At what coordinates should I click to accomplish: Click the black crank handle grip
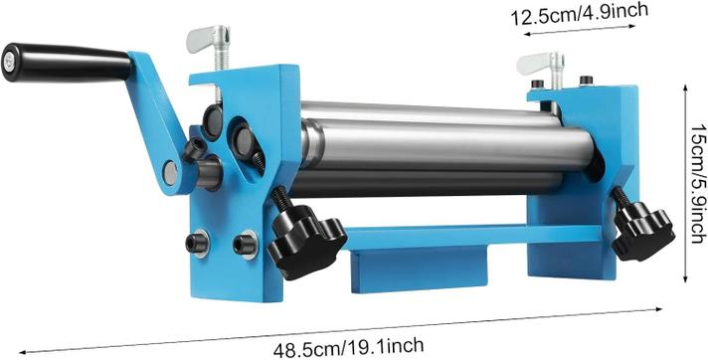tap(67, 63)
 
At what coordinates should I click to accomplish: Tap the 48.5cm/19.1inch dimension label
tap(348, 347)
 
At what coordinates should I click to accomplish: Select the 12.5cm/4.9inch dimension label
tap(580, 13)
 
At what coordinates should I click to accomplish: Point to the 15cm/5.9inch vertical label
tap(698, 184)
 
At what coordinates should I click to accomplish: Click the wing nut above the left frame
tap(210, 40)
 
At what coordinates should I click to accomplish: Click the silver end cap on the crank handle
tap(8, 63)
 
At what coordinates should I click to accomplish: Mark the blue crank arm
tap(157, 123)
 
